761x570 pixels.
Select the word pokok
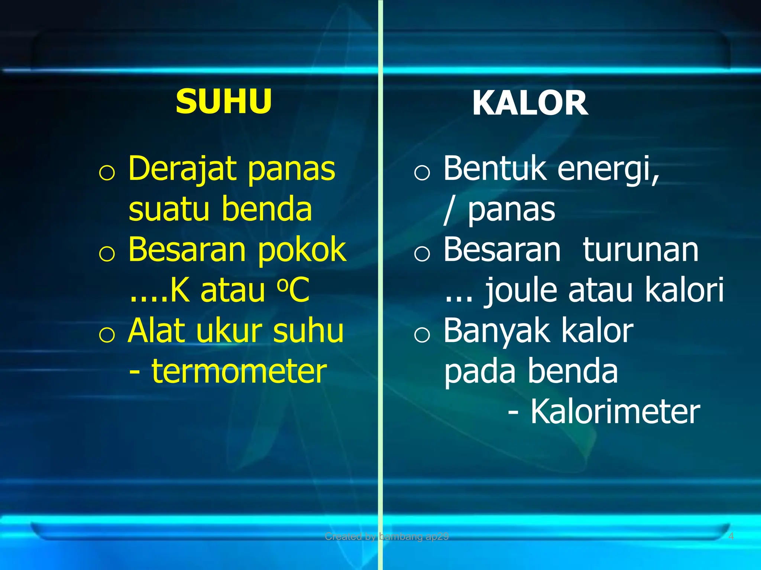coord(302,250)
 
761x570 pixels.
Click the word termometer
coord(239,371)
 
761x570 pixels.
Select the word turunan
coord(641,250)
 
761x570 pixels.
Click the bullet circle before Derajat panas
coord(107,173)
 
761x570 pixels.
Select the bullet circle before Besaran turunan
coord(422,254)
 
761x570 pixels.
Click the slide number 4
coord(731,536)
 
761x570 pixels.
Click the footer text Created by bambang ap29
coord(386,536)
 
